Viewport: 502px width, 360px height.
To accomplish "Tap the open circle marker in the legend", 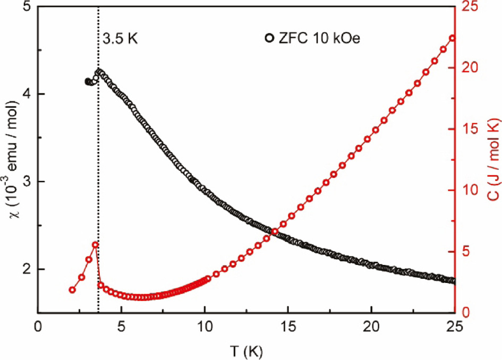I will click(x=270, y=38).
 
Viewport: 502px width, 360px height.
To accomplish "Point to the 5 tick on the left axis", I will click(x=24, y=7).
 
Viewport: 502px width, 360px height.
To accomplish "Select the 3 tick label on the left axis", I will click(x=24, y=182).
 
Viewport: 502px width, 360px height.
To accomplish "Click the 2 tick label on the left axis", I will click(x=24, y=269).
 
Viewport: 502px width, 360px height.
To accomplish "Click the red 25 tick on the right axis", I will click(x=470, y=7).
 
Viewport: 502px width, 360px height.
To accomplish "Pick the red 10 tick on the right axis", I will click(x=470, y=190).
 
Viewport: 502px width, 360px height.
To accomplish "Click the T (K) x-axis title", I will click(x=246, y=350).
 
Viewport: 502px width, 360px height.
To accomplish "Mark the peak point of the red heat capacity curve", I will click(x=96, y=245).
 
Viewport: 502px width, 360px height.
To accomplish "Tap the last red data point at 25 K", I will click(x=453, y=38).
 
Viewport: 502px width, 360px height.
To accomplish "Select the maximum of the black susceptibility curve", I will click(x=98, y=72).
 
